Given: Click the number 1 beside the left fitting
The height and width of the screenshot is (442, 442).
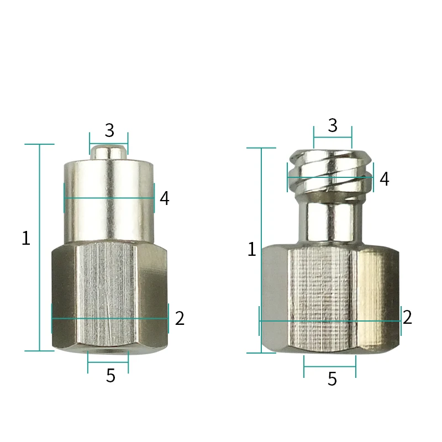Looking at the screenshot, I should point(25,239).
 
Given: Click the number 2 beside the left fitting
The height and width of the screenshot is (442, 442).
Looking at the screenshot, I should point(179,319).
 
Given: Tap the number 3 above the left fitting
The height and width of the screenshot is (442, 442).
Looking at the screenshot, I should point(109,130).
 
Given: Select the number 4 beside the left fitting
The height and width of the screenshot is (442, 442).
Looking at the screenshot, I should point(164,198).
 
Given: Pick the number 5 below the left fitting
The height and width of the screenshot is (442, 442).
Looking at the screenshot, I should point(110,376).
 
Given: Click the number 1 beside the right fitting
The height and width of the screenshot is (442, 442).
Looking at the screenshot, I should point(252,250).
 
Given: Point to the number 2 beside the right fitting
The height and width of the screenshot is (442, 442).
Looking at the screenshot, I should point(407,317).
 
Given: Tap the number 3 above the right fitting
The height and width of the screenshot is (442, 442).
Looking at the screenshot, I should point(333,125).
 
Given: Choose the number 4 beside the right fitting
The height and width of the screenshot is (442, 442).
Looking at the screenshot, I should point(384,179).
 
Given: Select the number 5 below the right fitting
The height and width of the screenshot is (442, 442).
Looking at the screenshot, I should point(332,379).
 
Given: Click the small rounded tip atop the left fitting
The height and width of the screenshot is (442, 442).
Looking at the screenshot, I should point(109,151).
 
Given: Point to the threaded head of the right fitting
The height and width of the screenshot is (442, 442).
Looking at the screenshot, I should point(330,171).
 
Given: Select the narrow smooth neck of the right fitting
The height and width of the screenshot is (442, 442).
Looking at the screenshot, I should point(330,221).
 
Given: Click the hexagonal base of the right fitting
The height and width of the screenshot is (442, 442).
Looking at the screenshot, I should point(330,298).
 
